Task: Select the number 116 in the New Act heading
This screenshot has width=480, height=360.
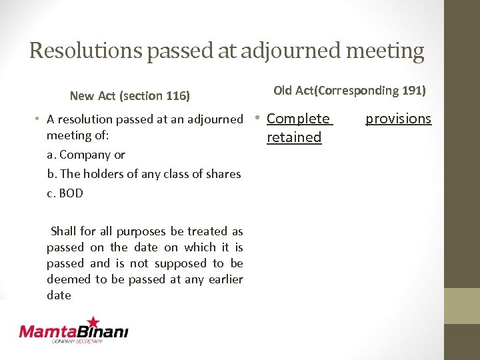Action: [x=177, y=96]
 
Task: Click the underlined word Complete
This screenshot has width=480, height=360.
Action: [x=298, y=119]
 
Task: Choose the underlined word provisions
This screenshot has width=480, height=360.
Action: [x=398, y=119]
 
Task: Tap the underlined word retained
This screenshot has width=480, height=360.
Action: [x=294, y=137]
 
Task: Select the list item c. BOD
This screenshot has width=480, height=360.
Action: [x=65, y=193]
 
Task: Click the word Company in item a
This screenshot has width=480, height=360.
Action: [x=85, y=155]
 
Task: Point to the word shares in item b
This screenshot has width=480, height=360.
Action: [x=223, y=174]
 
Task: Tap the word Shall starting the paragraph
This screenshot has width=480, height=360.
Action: [x=64, y=231]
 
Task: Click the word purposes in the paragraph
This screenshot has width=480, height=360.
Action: [x=142, y=231]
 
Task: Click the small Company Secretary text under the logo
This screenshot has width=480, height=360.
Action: [x=77, y=342]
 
